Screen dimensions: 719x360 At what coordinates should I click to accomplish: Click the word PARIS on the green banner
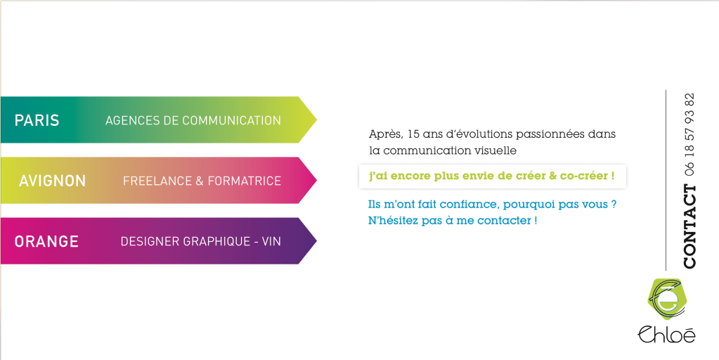pos(37,120)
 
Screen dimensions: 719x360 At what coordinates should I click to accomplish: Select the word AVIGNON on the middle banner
pos(52,181)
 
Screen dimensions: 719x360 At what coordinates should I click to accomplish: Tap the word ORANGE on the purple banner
pos(46,241)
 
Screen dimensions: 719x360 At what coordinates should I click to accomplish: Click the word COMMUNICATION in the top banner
pos(231,120)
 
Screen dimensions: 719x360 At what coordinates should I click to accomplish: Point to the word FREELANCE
pos(157,181)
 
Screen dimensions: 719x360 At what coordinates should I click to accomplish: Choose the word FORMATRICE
pos(244,181)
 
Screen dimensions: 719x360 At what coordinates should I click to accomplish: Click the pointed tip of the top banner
pos(316,120)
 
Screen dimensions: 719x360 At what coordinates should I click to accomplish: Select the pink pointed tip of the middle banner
pos(316,180)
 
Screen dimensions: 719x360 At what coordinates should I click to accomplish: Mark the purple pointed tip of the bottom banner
pos(316,240)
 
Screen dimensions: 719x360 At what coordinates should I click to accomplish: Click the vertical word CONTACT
pos(689,226)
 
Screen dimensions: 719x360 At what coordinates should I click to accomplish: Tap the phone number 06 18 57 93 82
pos(689,135)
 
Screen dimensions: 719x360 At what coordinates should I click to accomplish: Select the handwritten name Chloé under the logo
pos(666,334)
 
